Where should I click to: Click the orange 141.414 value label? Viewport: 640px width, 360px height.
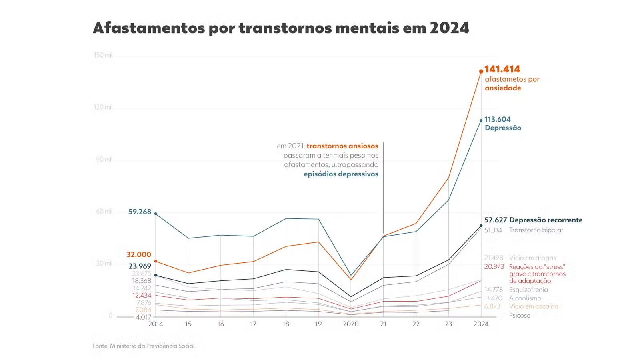[502, 69]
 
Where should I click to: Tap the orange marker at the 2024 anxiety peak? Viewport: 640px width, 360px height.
[481, 72]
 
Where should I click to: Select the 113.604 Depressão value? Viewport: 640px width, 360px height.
[497, 119]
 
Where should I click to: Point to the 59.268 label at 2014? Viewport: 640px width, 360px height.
[140, 212]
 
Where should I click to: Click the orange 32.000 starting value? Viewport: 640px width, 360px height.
[139, 254]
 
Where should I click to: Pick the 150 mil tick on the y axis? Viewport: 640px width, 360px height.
[103, 55]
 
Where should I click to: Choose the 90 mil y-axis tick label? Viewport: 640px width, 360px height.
[104, 159]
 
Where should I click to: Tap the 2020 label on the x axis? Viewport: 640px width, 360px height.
[351, 324]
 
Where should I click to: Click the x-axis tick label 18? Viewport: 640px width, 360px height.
[286, 324]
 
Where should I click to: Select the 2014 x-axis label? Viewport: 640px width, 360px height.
[156, 324]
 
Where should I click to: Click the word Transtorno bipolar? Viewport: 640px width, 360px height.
[536, 230]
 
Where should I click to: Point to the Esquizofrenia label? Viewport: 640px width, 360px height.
[528, 290]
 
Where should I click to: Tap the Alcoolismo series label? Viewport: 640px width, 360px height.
[525, 298]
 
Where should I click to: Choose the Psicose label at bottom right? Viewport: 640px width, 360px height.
[520, 315]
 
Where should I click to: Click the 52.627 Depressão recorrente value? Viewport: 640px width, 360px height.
[496, 220]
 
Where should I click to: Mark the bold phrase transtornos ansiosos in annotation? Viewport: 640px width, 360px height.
[342, 146]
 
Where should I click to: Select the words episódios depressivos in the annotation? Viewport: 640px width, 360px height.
[341, 174]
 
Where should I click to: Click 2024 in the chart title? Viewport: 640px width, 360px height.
[449, 28]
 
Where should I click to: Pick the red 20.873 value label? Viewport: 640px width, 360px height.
[494, 267]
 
